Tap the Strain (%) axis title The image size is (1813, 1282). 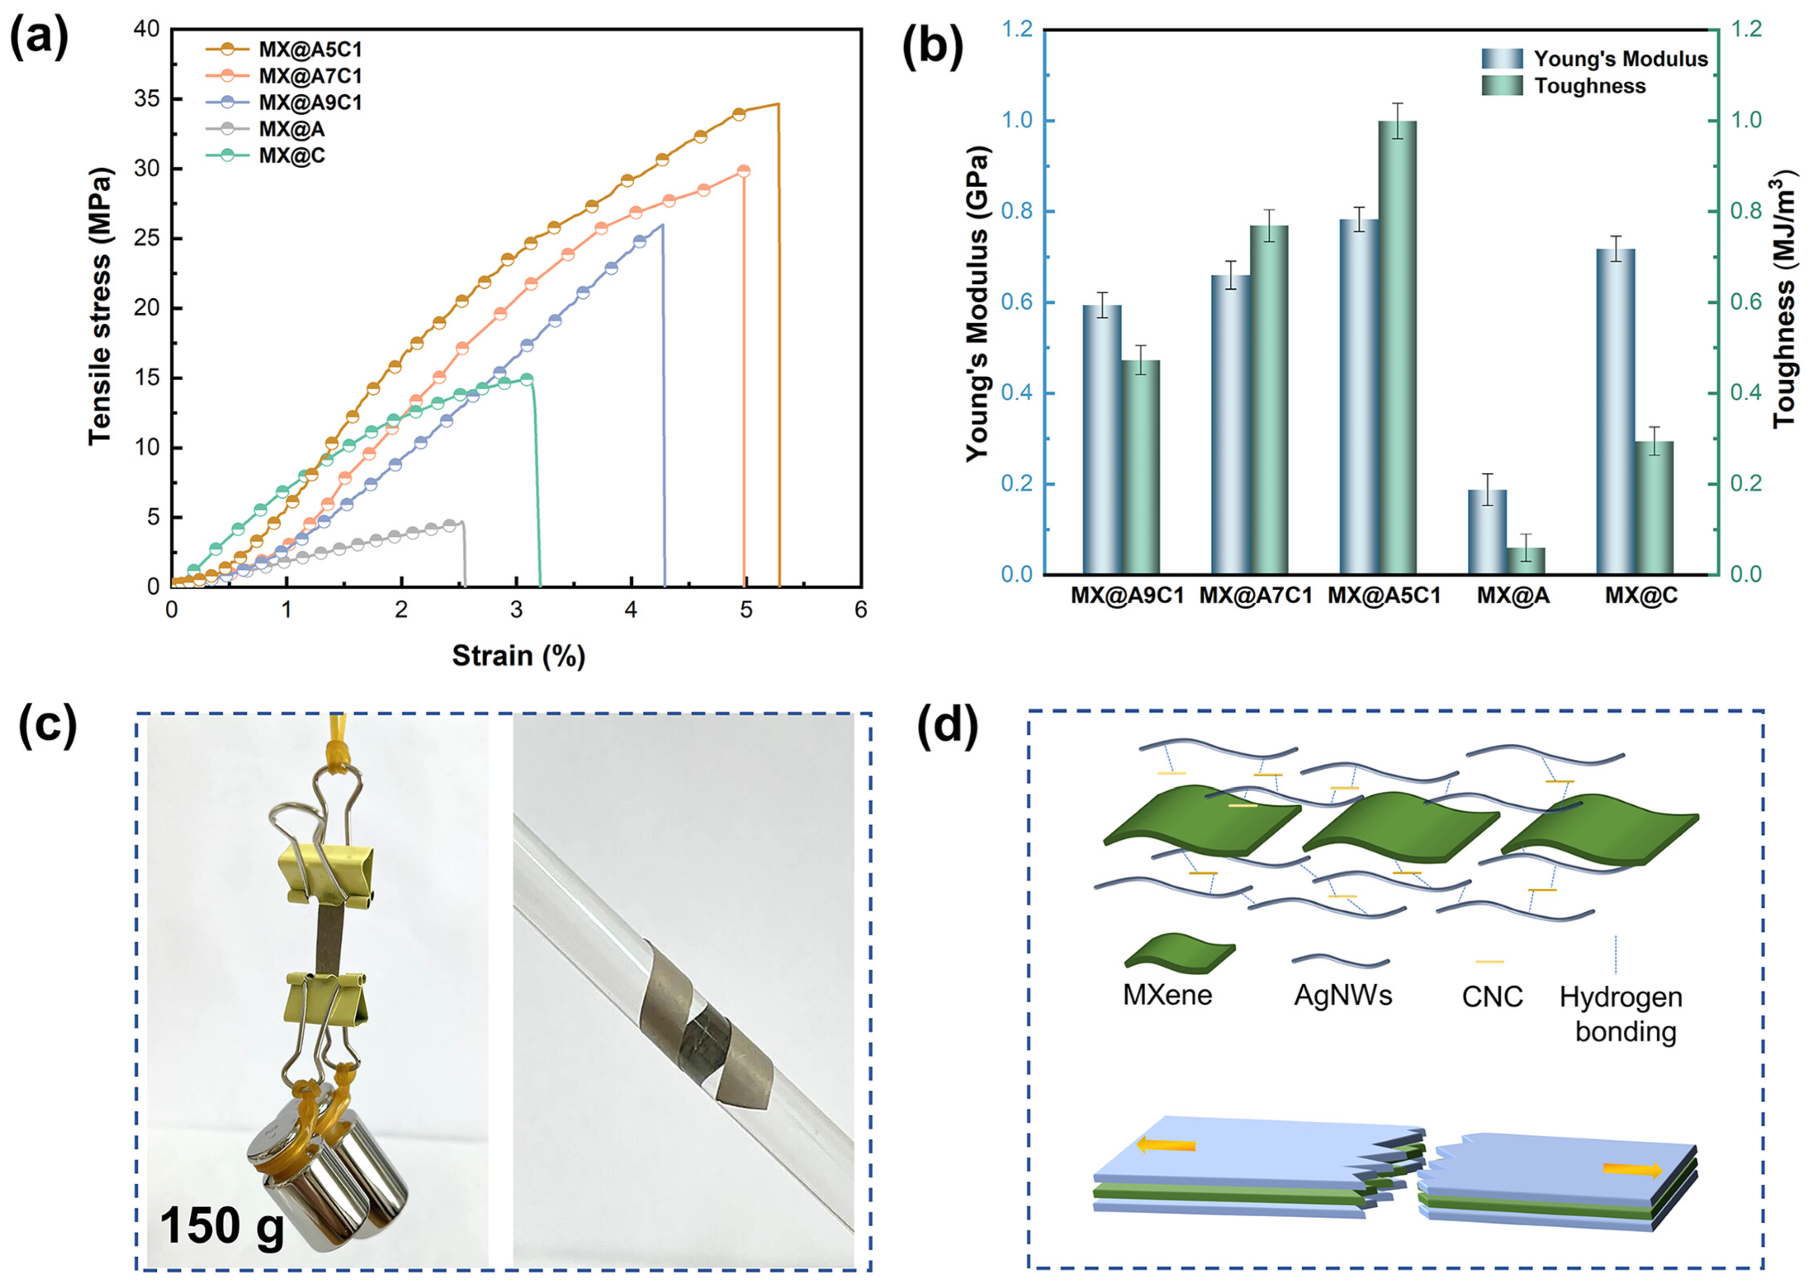click(518, 656)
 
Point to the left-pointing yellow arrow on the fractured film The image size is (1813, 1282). click(1165, 1167)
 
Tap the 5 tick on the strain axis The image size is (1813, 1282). click(745, 610)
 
